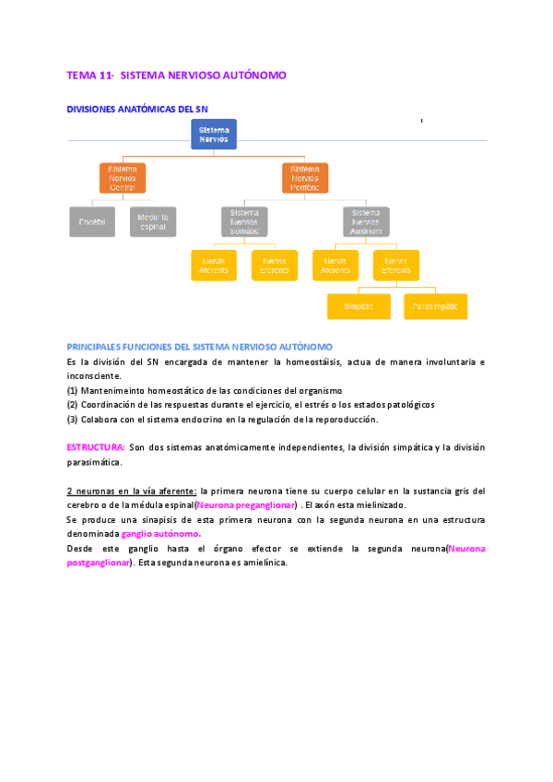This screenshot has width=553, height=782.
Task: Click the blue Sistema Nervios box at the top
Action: (x=214, y=134)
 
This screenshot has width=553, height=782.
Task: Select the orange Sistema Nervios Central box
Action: (x=122, y=178)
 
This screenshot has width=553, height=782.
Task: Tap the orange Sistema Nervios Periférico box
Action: (x=305, y=178)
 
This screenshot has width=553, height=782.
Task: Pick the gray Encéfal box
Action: (x=92, y=221)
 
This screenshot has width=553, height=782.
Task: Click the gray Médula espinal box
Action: (x=153, y=221)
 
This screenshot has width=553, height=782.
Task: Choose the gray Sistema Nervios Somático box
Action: (x=244, y=221)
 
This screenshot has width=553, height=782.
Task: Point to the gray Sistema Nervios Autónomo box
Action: (x=366, y=221)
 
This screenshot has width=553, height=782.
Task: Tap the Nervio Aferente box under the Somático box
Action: (x=214, y=265)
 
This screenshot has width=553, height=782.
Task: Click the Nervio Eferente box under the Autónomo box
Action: (x=396, y=265)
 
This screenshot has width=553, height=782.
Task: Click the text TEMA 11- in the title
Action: (x=90, y=73)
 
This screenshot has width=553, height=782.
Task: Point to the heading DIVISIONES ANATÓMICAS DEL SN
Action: (x=137, y=109)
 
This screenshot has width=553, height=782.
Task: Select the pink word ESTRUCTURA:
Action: (x=96, y=447)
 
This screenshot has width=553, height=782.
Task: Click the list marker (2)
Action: (x=72, y=404)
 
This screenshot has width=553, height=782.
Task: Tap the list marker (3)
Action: (x=72, y=419)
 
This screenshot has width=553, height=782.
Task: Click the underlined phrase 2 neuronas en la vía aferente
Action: (x=132, y=491)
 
